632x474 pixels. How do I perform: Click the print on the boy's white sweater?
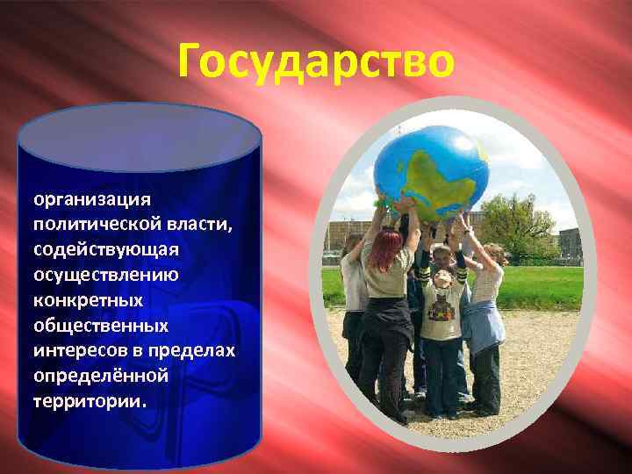coord(442,312)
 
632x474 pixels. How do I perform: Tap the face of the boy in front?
coord(442,279)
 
